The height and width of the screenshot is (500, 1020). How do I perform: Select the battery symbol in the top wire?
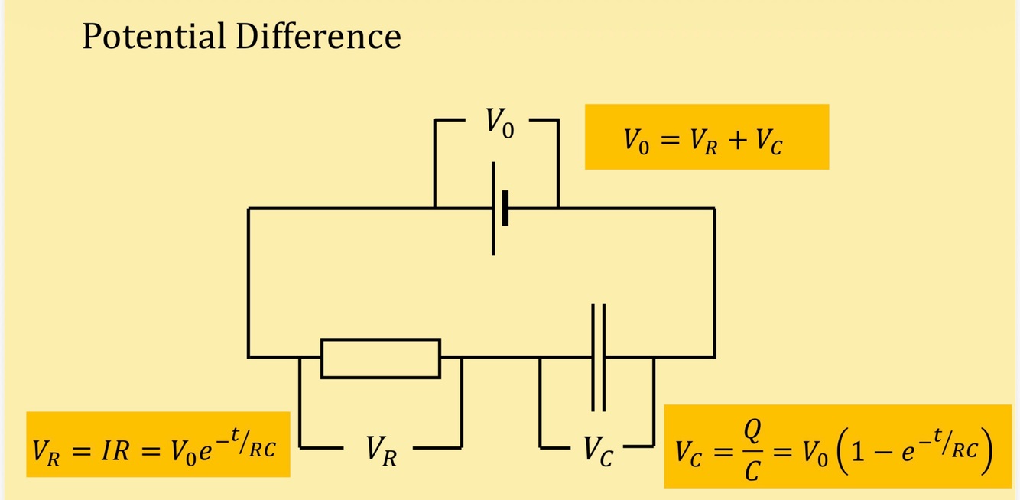point(499,208)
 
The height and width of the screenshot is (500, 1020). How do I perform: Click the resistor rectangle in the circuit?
point(381,358)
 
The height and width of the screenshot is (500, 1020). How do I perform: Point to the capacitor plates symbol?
point(598,357)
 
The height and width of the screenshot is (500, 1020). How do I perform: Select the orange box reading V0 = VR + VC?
point(707,137)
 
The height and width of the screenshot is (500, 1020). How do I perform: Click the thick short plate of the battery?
point(505,208)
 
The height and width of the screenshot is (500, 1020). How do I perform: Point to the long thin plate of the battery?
point(493,208)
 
